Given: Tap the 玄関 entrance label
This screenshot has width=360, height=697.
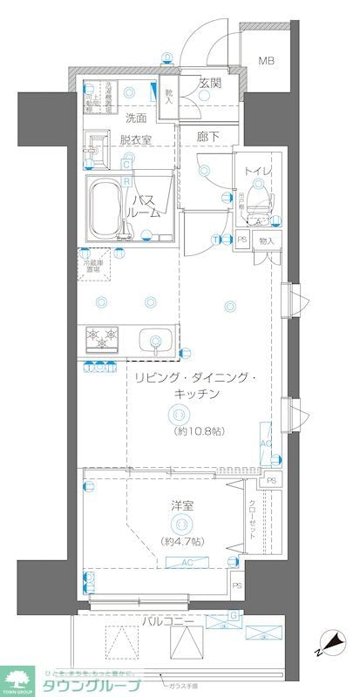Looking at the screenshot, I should (210, 84).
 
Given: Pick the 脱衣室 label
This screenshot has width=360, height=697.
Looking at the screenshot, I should (135, 139).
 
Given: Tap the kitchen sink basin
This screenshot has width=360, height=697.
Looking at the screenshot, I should (154, 338).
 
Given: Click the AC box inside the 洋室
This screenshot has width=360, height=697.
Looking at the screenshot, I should (187, 563).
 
